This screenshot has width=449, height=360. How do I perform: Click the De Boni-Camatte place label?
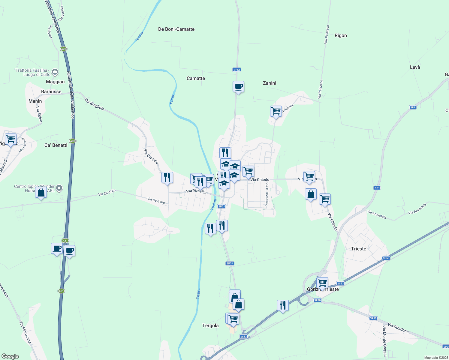(176, 29)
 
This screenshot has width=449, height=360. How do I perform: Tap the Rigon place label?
(341, 35)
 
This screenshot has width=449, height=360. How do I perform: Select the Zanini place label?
(270, 83)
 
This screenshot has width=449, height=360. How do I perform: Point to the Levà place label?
(415, 67)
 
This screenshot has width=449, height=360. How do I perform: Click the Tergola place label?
(210, 325)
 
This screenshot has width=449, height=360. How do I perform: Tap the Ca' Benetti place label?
(56, 145)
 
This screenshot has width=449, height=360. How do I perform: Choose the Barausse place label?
(51, 91)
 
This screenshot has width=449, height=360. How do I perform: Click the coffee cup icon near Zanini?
(238, 87)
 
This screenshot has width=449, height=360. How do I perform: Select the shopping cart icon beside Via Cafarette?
(276, 111)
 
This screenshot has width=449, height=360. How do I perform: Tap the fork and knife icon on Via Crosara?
(167, 178)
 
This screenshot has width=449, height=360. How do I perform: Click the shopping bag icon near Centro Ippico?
(41, 193)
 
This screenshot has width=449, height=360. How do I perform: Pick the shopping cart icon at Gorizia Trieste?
(322, 283)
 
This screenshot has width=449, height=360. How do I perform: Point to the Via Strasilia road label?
(196, 191)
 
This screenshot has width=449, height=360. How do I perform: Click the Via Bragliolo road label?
(95, 104)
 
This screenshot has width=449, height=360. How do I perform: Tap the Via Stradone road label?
(398, 328)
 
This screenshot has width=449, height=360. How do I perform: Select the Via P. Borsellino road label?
(267, 195)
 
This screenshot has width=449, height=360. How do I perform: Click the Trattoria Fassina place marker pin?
(55, 72)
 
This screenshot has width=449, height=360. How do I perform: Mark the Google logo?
(10, 356)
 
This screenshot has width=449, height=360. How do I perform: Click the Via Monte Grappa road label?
(384, 341)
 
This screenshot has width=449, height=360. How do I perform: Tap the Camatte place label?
(196, 78)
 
